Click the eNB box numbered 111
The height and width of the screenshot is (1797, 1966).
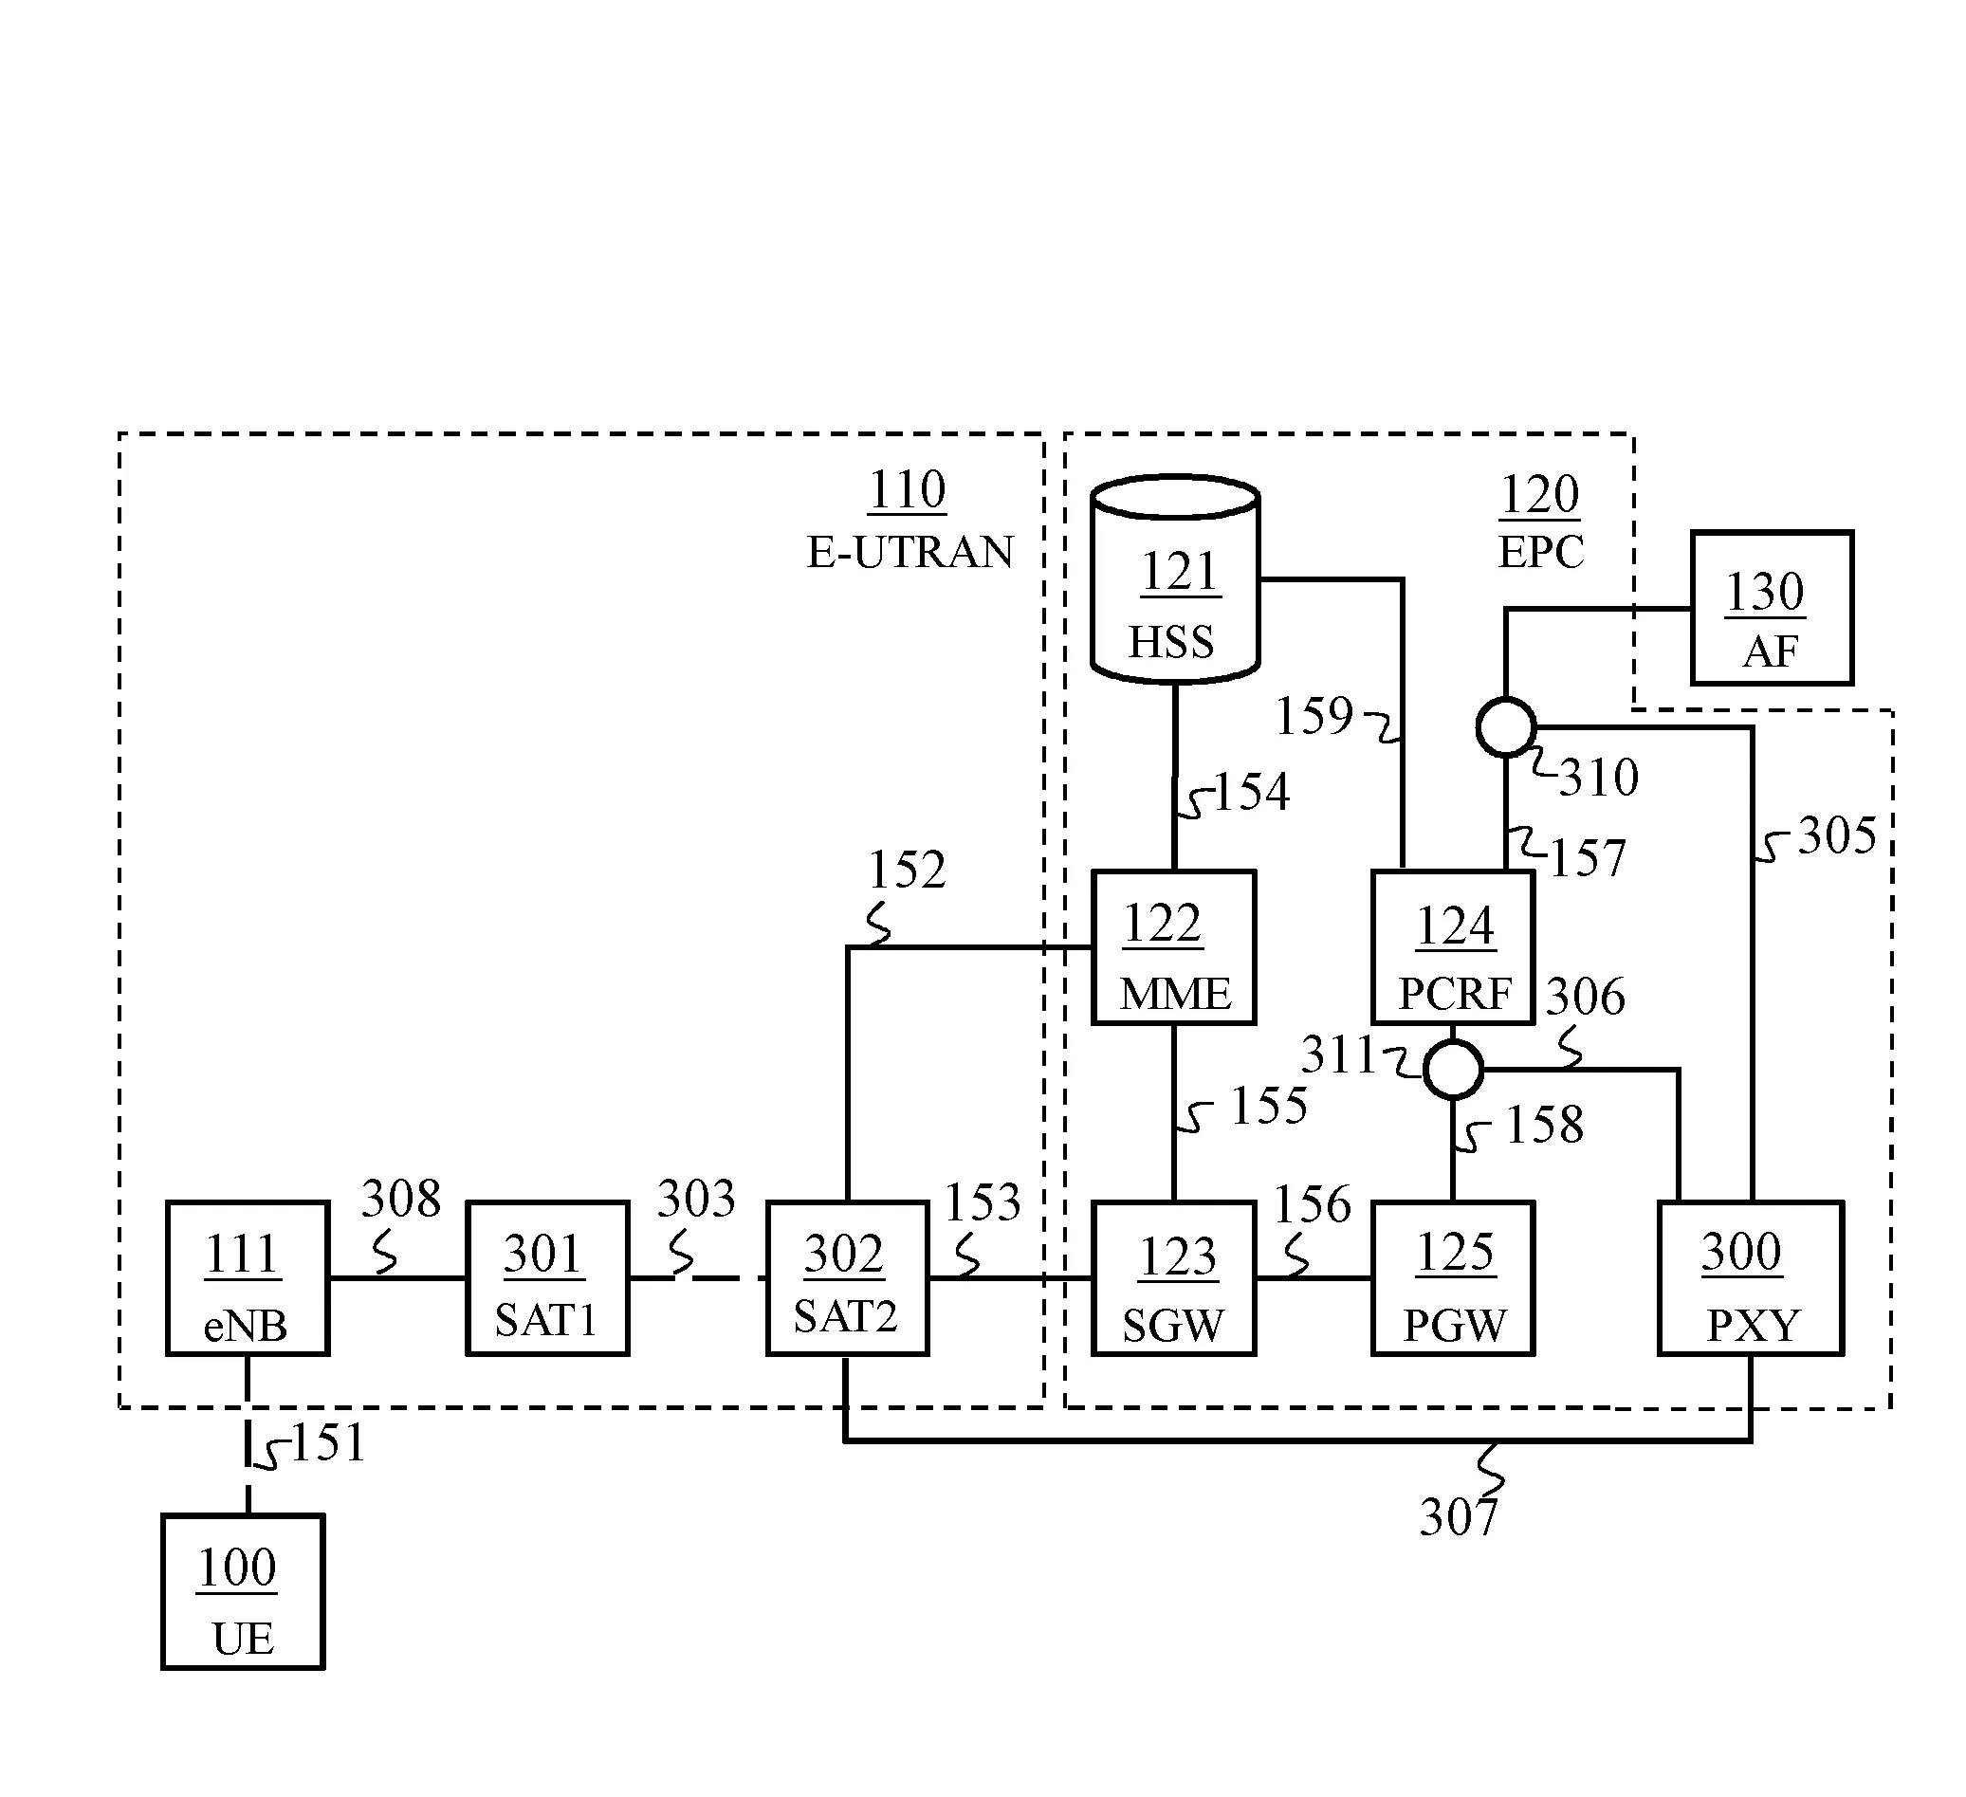(x=248, y=1277)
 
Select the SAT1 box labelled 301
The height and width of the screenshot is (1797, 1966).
(x=547, y=1277)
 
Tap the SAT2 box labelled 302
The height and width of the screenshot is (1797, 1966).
(x=847, y=1277)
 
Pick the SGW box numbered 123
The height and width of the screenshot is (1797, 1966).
(x=1173, y=1277)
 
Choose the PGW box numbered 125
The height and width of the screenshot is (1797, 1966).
(x=1453, y=1277)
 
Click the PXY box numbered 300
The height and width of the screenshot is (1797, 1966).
(x=1751, y=1277)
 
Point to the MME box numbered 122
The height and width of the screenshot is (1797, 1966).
(x=1173, y=946)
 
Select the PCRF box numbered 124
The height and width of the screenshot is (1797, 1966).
(x=1453, y=946)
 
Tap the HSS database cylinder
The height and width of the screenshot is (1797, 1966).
(x=1175, y=579)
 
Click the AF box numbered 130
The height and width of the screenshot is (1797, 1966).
(x=1771, y=608)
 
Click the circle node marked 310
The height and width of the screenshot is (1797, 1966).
(x=1506, y=726)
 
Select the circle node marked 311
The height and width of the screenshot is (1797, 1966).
(x=1453, y=1070)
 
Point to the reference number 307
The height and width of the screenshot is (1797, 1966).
(x=1458, y=1517)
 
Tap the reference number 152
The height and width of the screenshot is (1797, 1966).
(x=907, y=869)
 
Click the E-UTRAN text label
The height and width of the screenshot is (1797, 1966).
(x=910, y=552)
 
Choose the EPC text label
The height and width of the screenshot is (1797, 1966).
(x=1541, y=552)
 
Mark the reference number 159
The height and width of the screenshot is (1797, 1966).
(x=1314, y=716)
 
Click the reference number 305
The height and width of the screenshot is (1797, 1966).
(x=1837, y=835)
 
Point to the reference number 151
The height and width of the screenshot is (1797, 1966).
(x=328, y=1442)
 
